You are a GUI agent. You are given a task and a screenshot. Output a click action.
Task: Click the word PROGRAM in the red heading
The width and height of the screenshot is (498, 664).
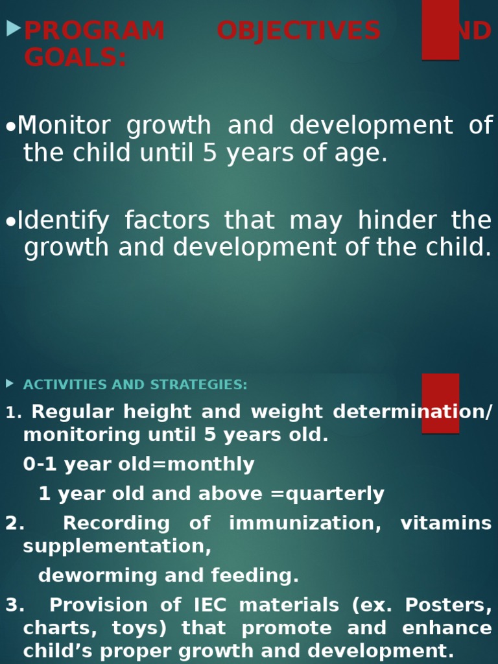click(94, 30)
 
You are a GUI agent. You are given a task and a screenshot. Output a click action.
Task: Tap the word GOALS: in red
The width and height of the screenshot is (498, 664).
click(75, 58)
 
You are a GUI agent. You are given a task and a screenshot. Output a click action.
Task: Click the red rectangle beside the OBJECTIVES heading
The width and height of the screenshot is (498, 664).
click(440, 29)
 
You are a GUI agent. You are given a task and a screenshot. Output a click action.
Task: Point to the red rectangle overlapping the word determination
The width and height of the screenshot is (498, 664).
click(440, 403)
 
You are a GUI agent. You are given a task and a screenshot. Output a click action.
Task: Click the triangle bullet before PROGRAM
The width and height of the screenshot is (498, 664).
click(13, 29)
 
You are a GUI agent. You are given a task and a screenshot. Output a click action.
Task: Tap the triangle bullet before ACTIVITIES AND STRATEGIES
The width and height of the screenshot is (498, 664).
click(9, 383)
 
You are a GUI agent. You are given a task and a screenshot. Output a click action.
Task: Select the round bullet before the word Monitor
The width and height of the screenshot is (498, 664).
click(10, 128)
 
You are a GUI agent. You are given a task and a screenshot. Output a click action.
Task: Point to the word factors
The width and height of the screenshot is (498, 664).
click(167, 221)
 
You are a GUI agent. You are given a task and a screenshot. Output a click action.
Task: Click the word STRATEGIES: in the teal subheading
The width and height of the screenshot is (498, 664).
click(198, 385)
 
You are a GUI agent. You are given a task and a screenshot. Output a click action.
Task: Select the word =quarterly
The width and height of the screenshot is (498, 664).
click(327, 494)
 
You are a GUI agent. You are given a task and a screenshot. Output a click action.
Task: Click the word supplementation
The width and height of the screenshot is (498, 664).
click(117, 547)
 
